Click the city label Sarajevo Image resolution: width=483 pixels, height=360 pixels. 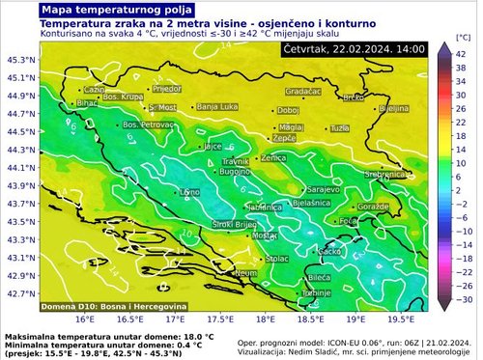(323, 189)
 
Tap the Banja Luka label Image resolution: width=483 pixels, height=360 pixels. (217, 107)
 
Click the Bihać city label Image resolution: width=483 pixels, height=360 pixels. (87, 101)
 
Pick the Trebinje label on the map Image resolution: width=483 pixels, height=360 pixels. (317, 292)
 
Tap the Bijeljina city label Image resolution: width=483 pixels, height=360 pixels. (393, 109)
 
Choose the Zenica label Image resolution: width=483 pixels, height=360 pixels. (273, 157)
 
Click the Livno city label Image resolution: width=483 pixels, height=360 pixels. (189, 193)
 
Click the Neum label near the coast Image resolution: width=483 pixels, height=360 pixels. (247, 274)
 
